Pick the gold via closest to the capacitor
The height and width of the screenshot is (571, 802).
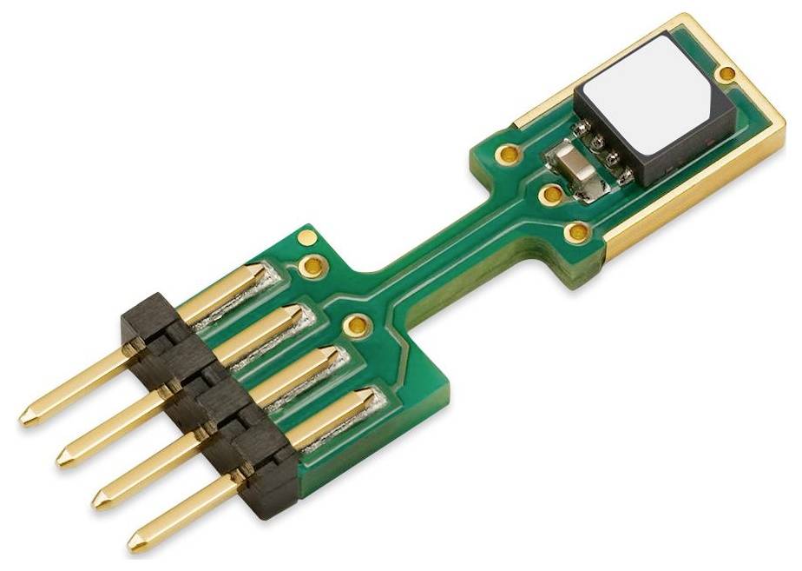(x=549, y=193)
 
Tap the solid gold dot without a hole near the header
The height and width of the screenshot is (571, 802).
(x=305, y=236)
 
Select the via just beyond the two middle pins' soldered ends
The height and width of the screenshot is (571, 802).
(x=353, y=326)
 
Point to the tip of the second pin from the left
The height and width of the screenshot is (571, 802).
(x=62, y=458)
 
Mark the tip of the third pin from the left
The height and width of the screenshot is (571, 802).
(x=99, y=501)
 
